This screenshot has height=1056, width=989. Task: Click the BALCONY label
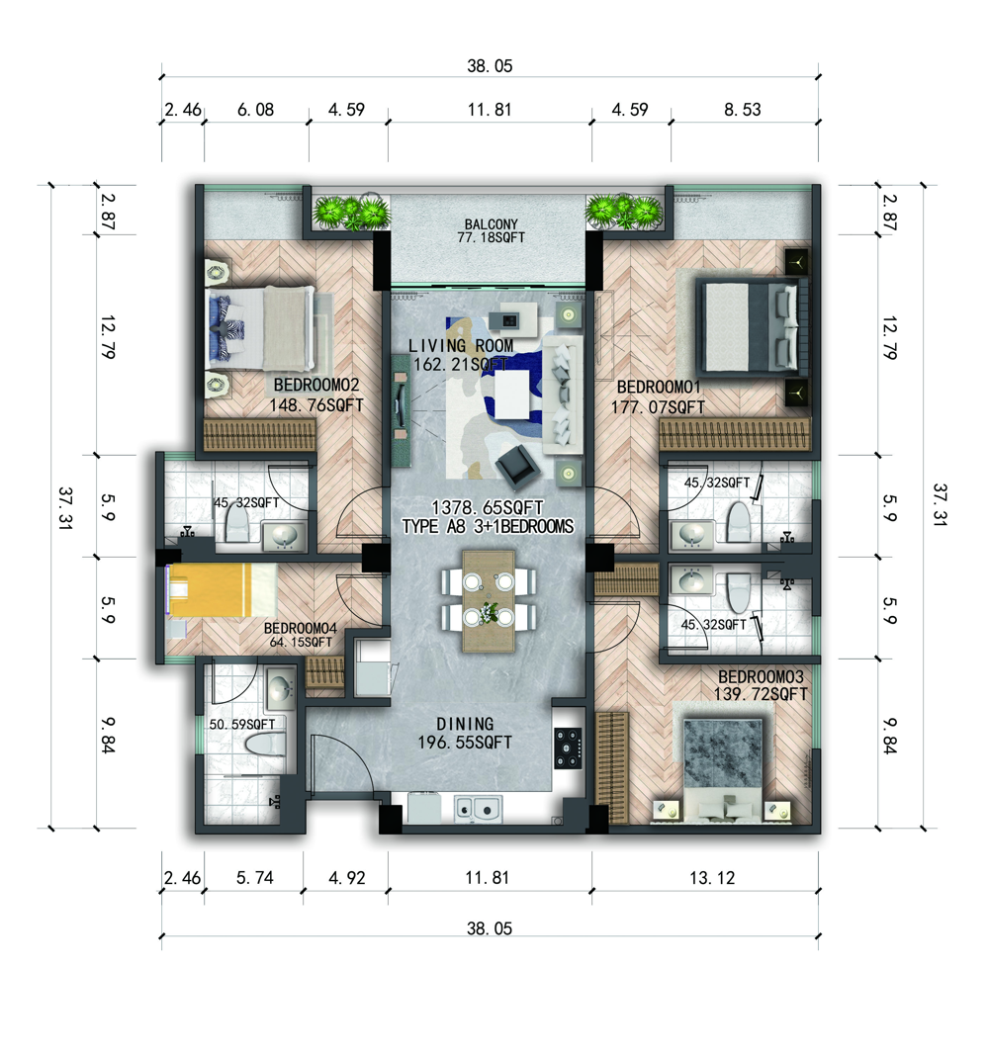tap(492, 224)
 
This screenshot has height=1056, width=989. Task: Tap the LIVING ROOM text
tap(461, 345)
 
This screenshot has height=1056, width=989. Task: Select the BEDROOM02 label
tap(316, 386)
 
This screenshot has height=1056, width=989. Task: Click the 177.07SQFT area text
tap(658, 407)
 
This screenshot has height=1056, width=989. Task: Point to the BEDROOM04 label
tap(301, 628)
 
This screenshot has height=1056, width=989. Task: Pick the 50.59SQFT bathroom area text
tap(242, 725)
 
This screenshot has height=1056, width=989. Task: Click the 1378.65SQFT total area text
tap(488, 507)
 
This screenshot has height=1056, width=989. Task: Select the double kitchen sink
tap(478, 808)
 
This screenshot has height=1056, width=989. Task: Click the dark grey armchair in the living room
tap(516, 466)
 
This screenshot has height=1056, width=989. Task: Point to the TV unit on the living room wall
tap(402, 410)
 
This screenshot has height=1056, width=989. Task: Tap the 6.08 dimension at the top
tap(255, 110)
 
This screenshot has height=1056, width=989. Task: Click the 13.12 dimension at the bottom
tap(712, 878)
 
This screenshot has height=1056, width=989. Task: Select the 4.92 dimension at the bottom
tap(347, 878)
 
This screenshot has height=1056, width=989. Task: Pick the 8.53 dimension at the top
tap(743, 110)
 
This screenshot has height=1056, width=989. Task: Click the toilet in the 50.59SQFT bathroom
tap(265, 745)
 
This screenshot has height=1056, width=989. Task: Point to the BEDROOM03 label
tap(761, 676)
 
